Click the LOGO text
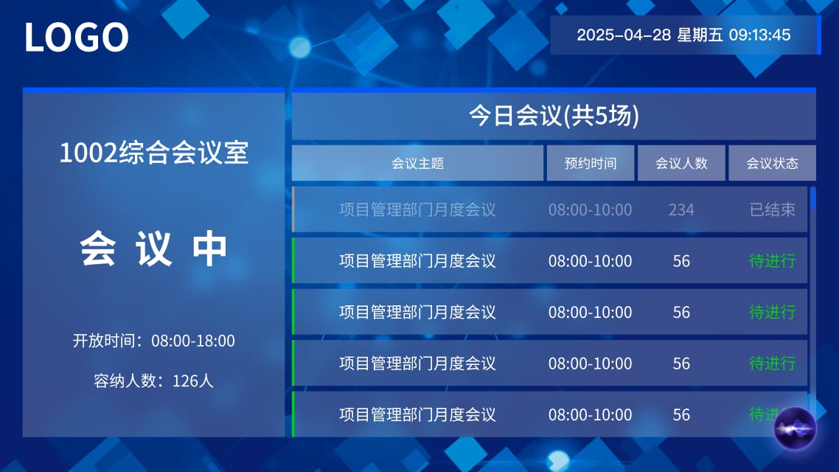[77, 38]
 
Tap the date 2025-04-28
[624, 35]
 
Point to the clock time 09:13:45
[760, 35]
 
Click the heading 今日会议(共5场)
[554, 115]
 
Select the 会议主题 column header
[417, 163]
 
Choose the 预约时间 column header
[591, 163]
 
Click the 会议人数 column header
[681, 163]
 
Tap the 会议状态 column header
[772, 163]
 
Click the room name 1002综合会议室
[153, 153]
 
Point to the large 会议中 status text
[153, 249]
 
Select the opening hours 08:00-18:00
[192, 341]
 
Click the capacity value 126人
[192, 381]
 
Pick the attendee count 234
[681, 209]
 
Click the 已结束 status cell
[772, 209]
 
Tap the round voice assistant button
[795, 428]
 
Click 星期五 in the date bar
[700, 35]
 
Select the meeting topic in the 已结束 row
[417, 209]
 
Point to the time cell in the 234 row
[591, 209]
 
